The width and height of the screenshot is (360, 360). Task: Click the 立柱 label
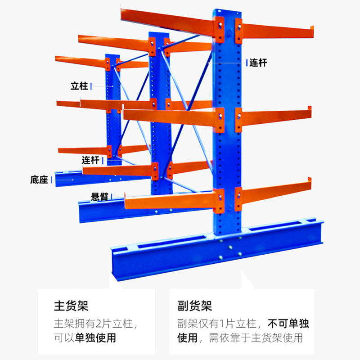pos(79,86)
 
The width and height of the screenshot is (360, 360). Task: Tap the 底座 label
pos(39,180)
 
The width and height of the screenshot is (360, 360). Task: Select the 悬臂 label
pos(99,197)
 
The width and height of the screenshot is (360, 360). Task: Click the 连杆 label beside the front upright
pos(258,63)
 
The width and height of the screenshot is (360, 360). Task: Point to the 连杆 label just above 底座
pos(90,160)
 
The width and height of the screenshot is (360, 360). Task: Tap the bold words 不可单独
pos(288,324)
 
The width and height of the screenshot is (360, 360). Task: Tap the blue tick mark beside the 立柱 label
pos(92,85)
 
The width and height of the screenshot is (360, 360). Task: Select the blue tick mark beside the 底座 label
pos(52,180)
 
